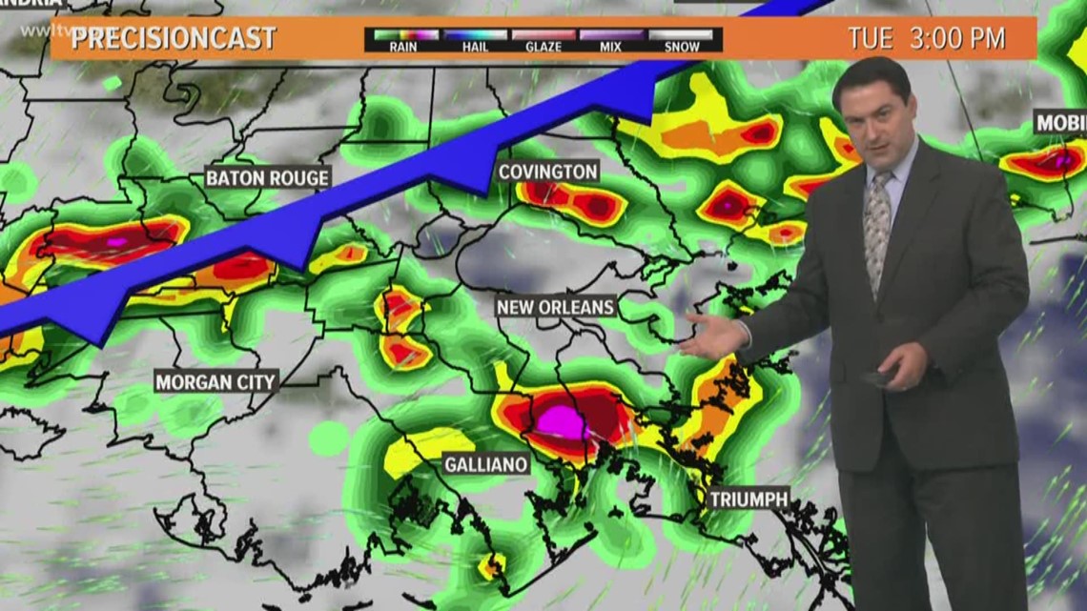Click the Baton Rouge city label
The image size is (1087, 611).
coord(268,177)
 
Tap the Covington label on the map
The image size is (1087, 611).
coord(547,172)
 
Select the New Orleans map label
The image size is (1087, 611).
coord(555,307)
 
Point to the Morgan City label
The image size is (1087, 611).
coord(215,382)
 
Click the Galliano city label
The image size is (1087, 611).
coord(486,464)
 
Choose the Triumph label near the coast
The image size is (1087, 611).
coord(749,499)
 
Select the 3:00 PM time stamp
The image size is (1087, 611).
coord(958,39)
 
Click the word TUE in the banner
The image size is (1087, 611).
coord(870,39)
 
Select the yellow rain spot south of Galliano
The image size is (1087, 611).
coord(493,566)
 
